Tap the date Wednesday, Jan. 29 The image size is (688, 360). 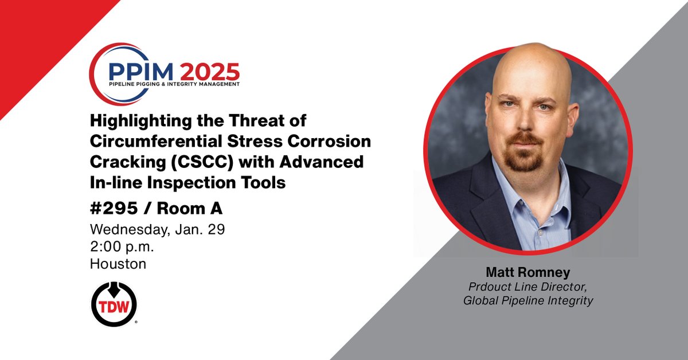pos(157,230)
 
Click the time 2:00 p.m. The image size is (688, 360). pos(122,247)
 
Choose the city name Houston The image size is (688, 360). pos(118,264)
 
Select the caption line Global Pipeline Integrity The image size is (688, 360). pos(528,300)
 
